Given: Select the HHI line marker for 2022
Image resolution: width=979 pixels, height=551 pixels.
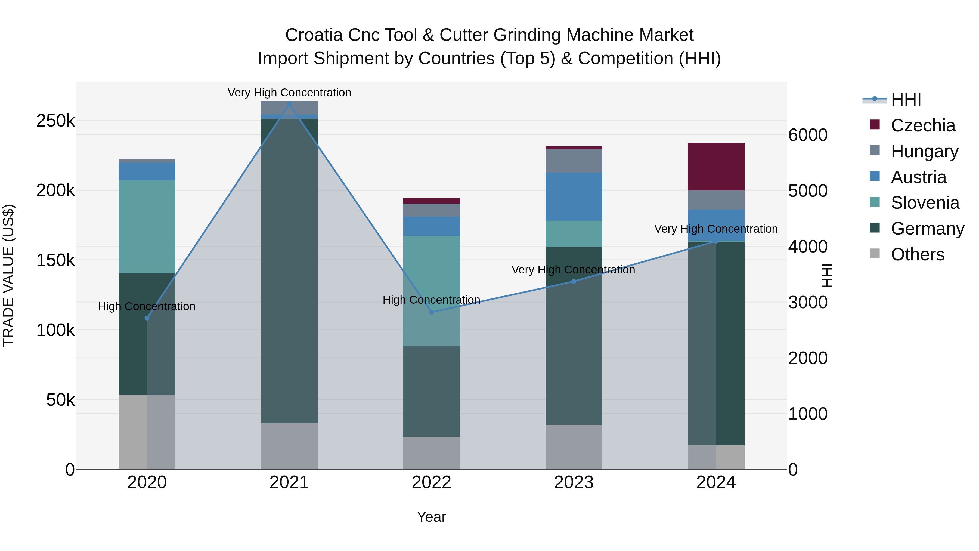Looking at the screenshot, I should pyautogui.click(x=431, y=312).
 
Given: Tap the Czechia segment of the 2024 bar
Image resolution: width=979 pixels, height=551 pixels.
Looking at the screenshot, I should pyautogui.click(x=716, y=167).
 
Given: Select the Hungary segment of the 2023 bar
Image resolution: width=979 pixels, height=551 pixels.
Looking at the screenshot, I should pyautogui.click(x=574, y=161).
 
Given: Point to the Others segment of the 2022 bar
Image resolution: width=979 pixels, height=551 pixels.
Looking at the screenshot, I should pyautogui.click(x=431, y=453).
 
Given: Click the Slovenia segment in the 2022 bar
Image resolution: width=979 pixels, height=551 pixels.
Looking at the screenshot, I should pyautogui.click(x=431, y=291).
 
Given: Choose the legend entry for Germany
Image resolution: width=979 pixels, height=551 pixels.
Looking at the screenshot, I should pyautogui.click(x=927, y=229).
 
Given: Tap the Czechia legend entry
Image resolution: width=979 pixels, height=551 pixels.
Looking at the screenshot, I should pyautogui.click(x=923, y=125).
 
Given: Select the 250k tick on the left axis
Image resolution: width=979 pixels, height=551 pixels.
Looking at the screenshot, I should pyautogui.click(x=55, y=121).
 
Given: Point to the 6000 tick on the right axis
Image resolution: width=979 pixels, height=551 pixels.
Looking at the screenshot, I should pyautogui.click(x=808, y=135).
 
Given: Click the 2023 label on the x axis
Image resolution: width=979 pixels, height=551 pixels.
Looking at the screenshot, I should pyautogui.click(x=574, y=482).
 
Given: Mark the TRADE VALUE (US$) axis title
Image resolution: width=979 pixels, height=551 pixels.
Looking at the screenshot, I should pyautogui.click(x=8, y=275).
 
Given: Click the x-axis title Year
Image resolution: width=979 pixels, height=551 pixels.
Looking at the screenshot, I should pyautogui.click(x=431, y=517).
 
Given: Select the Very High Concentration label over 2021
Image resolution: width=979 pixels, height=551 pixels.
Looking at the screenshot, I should pyautogui.click(x=289, y=93).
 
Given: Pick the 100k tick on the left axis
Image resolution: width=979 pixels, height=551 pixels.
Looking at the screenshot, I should pyautogui.click(x=55, y=330).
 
